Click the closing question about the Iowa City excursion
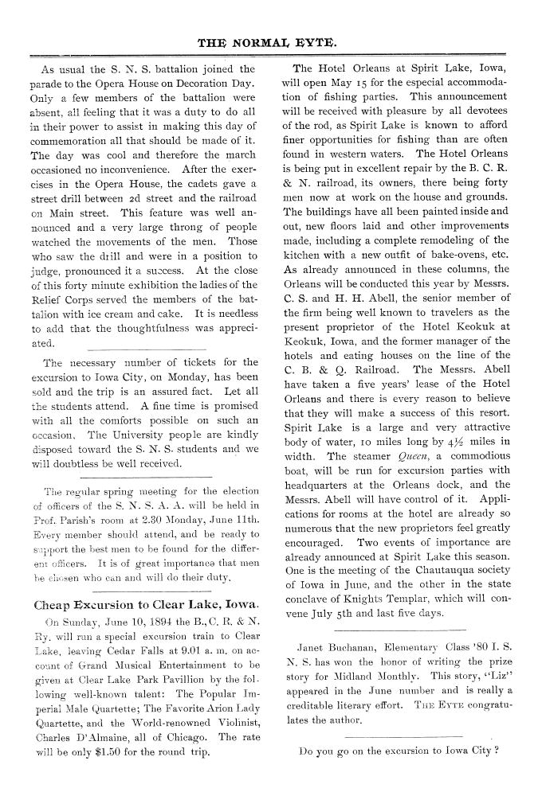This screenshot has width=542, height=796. [x=397, y=750]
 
